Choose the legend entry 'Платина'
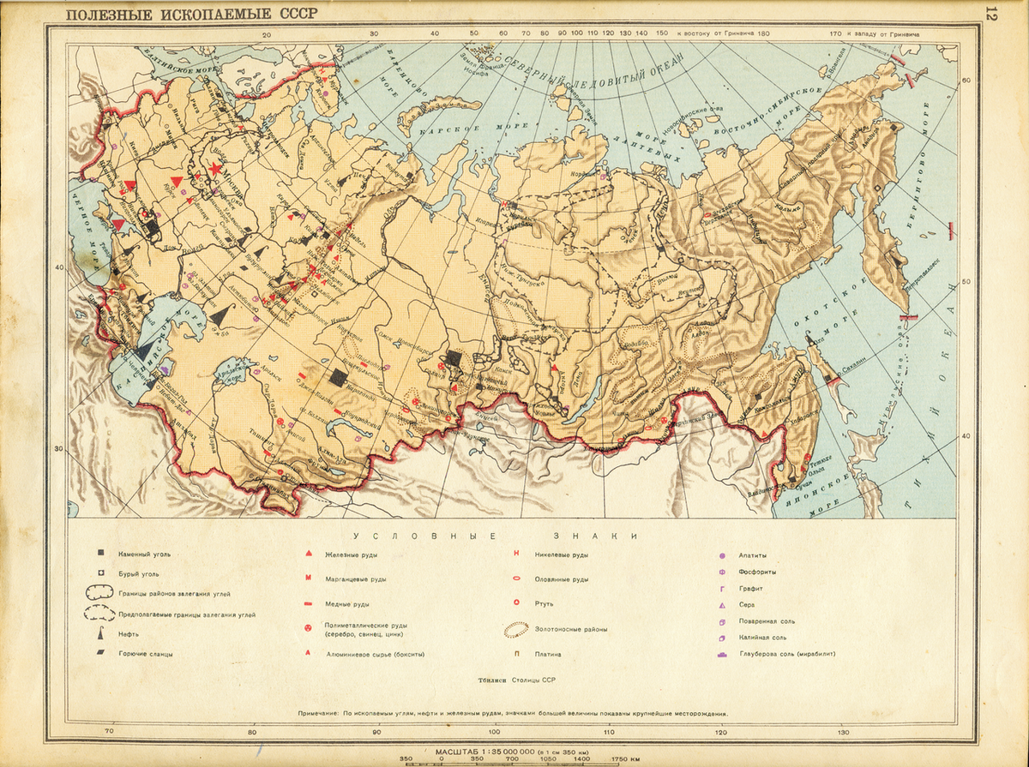pos(547,654)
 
